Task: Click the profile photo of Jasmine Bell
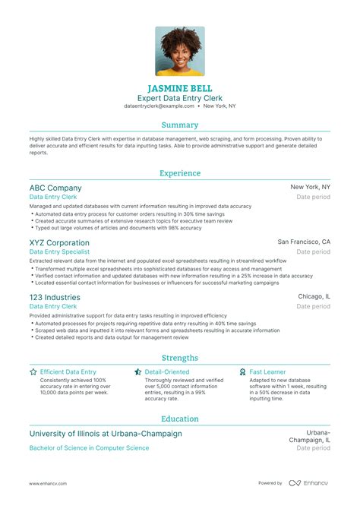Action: (x=180, y=51)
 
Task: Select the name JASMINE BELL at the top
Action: (x=180, y=87)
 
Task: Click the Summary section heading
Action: (x=180, y=125)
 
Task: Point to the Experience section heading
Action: (x=180, y=172)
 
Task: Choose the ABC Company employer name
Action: (x=55, y=188)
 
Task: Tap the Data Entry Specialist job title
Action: (x=59, y=251)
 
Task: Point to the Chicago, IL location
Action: (x=314, y=296)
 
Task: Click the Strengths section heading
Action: (x=180, y=358)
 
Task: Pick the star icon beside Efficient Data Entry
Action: (x=33, y=372)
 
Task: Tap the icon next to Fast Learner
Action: (x=242, y=372)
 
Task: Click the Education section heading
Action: (x=180, y=419)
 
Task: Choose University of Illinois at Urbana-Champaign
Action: (x=106, y=434)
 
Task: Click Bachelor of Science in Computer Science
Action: (x=89, y=448)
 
